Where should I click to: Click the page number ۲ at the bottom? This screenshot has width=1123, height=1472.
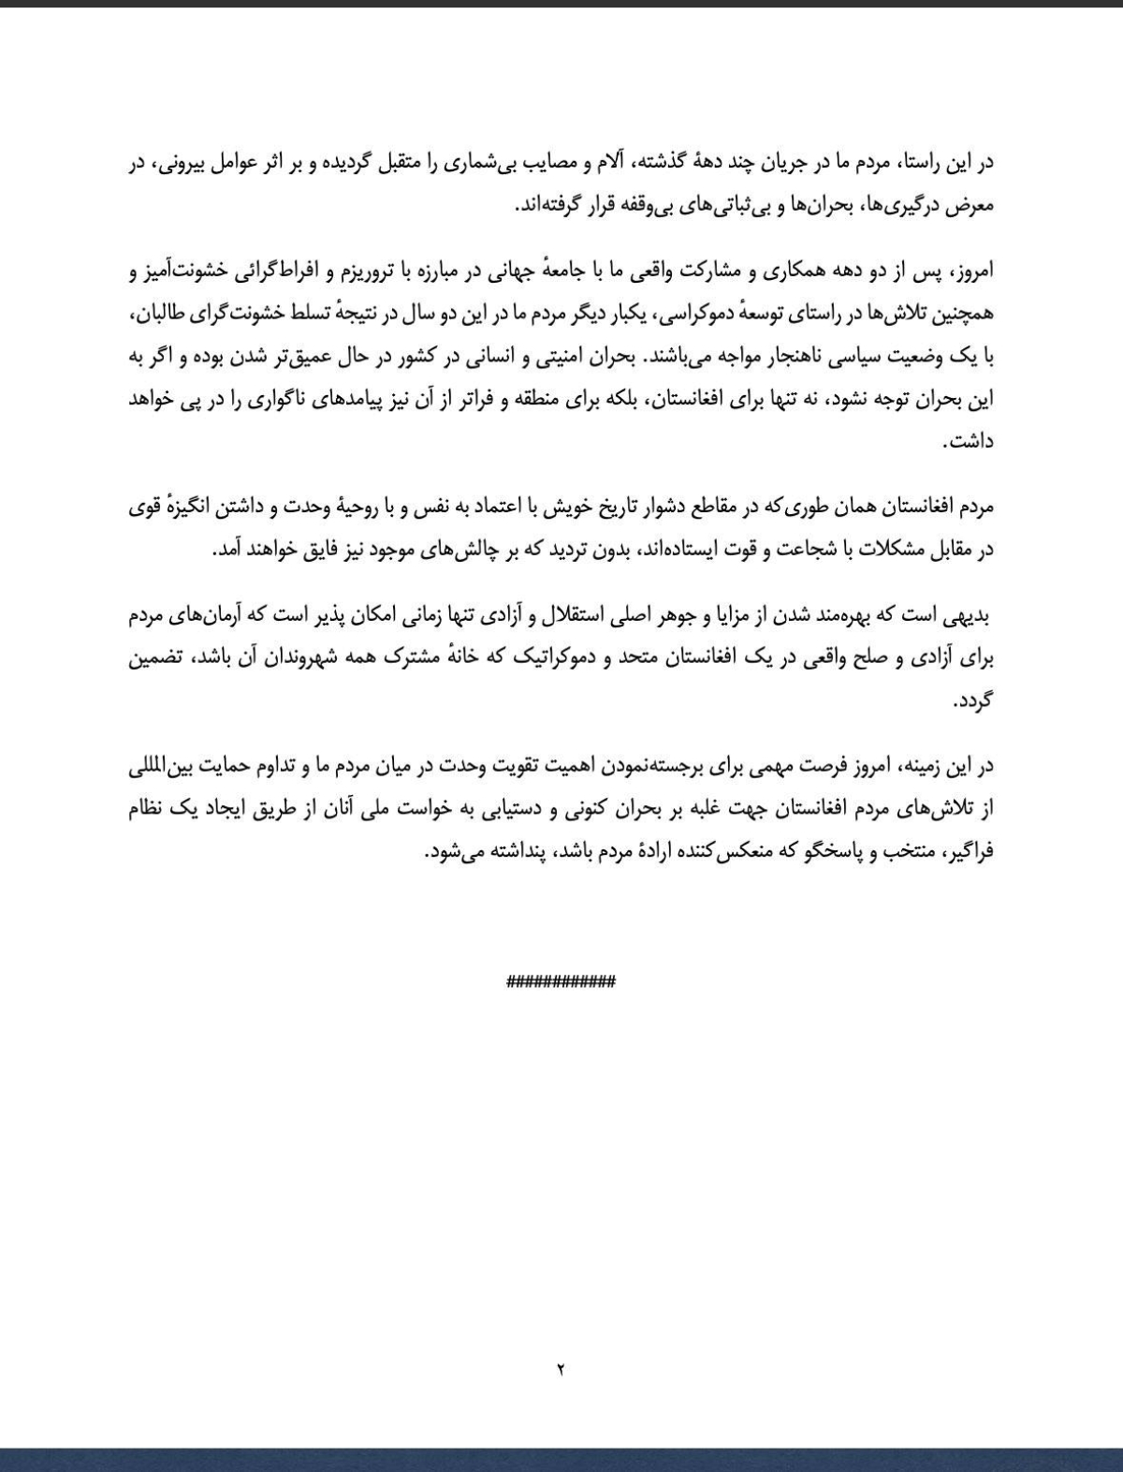(x=561, y=1370)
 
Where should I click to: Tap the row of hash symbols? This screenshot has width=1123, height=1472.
(x=561, y=982)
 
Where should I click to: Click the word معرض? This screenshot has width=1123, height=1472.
(x=970, y=207)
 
